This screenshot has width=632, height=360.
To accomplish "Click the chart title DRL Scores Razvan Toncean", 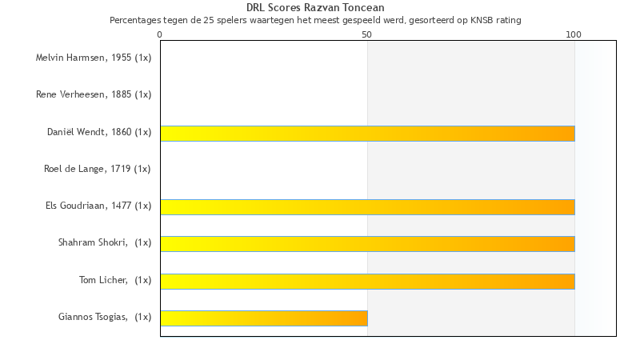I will click(315, 8).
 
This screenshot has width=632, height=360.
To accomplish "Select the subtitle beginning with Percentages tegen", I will click(315, 20).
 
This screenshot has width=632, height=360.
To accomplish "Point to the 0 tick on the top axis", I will click(160, 34).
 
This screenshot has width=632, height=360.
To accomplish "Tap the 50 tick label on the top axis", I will click(367, 34).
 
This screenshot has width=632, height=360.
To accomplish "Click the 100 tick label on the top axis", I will click(574, 34).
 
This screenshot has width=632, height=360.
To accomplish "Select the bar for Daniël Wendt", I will click(367, 133).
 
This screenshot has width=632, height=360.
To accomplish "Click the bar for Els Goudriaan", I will click(367, 207).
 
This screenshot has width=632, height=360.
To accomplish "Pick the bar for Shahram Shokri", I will click(367, 244).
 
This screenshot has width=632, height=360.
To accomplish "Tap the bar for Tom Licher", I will click(367, 281).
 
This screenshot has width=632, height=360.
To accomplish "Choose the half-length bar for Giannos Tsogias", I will click(264, 318).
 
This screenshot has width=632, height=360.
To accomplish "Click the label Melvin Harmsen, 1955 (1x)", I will click(94, 58).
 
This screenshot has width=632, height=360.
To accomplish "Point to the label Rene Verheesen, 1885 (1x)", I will click(94, 94).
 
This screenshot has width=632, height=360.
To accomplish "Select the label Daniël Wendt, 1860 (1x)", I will click(99, 132).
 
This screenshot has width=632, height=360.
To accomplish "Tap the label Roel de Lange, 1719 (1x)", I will click(98, 169).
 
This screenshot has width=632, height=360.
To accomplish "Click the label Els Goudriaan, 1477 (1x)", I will click(98, 206).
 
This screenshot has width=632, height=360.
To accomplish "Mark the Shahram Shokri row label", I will click(105, 242).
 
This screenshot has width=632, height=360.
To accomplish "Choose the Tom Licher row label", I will click(115, 279).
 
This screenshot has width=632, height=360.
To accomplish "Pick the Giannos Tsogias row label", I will click(105, 317).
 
